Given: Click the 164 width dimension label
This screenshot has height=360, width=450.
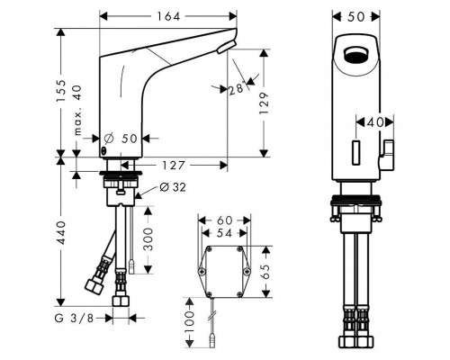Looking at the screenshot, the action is click(x=168, y=16).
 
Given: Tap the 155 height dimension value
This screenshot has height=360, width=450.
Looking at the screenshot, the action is click(x=61, y=91).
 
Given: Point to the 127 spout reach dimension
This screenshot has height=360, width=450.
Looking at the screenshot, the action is click(x=174, y=165).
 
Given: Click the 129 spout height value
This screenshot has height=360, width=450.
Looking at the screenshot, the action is click(x=264, y=103).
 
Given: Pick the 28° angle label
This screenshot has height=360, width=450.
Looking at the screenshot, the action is click(x=237, y=89).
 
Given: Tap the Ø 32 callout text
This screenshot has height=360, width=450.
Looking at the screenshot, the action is click(x=173, y=187).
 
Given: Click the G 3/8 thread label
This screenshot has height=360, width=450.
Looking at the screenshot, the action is click(x=74, y=318).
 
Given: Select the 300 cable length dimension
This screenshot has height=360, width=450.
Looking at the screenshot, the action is click(x=148, y=239).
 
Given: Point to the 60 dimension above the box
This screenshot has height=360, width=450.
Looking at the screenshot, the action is click(x=224, y=220).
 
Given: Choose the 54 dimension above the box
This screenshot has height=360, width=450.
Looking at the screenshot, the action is click(x=224, y=233).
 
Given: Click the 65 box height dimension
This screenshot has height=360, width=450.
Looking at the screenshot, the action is click(x=266, y=272).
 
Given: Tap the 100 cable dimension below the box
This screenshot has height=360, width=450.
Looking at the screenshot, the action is click(x=189, y=322).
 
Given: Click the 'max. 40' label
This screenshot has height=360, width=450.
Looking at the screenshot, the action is click(x=77, y=110).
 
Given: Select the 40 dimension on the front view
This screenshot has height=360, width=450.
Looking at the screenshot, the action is click(x=375, y=122).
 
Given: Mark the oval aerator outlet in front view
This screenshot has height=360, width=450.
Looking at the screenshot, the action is click(x=355, y=55).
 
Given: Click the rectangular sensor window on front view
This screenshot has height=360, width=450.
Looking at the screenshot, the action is click(x=356, y=152).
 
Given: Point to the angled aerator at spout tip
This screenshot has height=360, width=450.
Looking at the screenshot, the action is click(x=227, y=47).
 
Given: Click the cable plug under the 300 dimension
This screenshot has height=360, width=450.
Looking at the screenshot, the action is click(x=131, y=266).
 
